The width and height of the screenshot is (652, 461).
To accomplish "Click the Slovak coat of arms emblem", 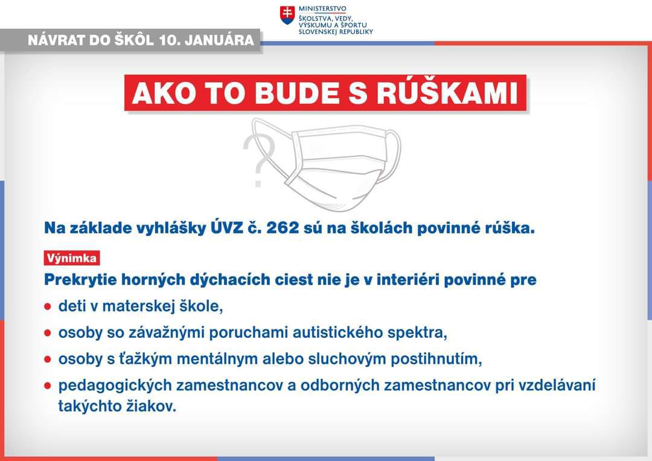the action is [x=287, y=15].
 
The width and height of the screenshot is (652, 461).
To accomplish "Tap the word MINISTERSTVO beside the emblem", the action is [x=322, y=8].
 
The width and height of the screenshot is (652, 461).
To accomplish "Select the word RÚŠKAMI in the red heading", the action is [x=447, y=93].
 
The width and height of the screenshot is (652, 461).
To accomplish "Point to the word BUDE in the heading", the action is [x=297, y=93].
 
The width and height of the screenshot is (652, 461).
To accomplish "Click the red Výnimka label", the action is [x=71, y=258].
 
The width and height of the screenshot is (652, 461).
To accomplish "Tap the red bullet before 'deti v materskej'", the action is [x=48, y=307].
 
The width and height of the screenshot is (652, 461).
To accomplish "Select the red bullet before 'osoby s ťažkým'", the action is [x=48, y=359].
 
